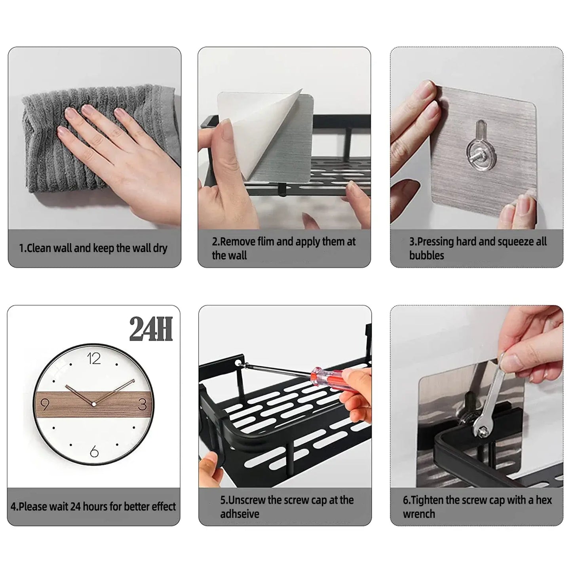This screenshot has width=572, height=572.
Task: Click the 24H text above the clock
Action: pyautogui.click(x=151, y=329)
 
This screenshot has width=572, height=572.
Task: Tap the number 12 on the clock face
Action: pyautogui.click(x=94, y=359)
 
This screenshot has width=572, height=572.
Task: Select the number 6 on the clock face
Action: pyautogui.click(x=94, y=451)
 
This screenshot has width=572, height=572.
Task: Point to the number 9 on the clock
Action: pyautogui.click(x=45, y=405)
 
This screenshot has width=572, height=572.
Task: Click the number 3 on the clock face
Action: pyautogui.click(x=143, y=405)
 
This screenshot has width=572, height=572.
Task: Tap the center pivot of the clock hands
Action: pyautogui.click(x=94, y=404)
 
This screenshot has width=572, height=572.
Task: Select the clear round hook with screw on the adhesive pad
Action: pyautogui.click(x=481, y=153)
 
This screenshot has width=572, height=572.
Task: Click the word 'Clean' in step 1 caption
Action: pyautogui.click(x=39, y=249)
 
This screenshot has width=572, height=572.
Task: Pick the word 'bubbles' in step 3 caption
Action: pyautogui.click(x=426, y=255)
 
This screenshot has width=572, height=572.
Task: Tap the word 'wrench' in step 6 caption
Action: pyautogui.click(x=418, y=514)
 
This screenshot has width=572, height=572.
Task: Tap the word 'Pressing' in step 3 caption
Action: pyautogui.click(x=434, y=241)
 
